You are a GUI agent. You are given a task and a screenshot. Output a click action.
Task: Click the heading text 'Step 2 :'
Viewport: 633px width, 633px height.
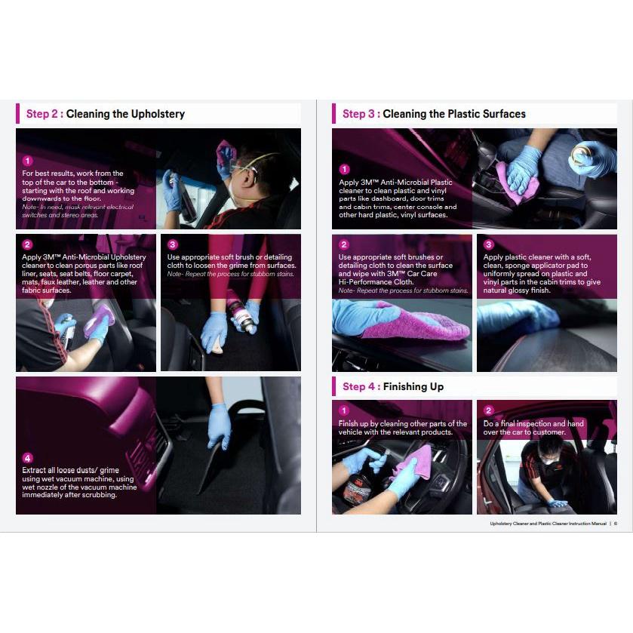tap(45, 114)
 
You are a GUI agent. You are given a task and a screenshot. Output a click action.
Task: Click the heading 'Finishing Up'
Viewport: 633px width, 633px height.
tap(413, 387)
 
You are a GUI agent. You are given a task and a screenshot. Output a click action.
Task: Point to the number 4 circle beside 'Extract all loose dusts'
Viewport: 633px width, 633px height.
tap(27, 458)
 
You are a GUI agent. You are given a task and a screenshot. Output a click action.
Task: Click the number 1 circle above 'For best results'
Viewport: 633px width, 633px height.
tap(27, 161)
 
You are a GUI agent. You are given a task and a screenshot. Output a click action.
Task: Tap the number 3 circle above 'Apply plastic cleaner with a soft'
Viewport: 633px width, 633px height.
tap(488, 244)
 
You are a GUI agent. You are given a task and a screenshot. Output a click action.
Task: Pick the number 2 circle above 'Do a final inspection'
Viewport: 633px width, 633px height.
tap(488, 410)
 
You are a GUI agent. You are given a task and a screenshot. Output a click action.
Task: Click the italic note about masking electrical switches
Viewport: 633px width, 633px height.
tap(78, 211)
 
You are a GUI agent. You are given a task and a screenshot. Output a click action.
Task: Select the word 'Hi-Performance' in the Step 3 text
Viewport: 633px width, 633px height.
tap(364, 281)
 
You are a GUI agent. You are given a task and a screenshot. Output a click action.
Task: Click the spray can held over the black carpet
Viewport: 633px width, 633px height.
tap(243, 313)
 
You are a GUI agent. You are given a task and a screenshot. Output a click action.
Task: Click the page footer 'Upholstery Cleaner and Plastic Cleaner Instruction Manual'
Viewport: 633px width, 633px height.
tap(548, 524)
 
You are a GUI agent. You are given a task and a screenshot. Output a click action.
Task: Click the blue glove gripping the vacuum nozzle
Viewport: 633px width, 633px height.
tap(220, 426)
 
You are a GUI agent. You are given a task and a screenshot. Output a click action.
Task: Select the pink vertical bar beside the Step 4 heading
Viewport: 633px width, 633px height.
tap(334, 386)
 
